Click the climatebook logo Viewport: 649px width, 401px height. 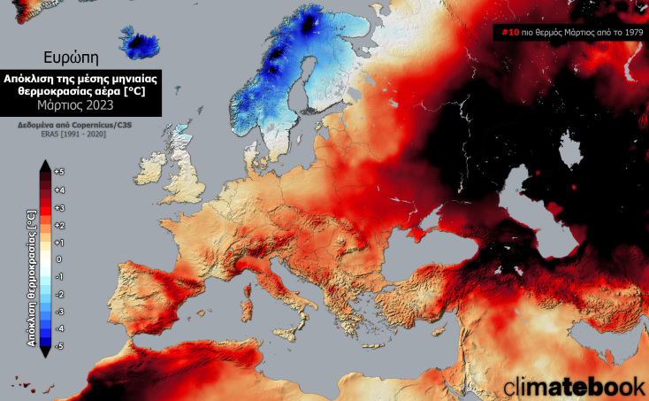pos(574,386)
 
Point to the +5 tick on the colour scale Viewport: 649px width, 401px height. pos(58,172)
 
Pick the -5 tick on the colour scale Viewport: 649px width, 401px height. pos(58,345)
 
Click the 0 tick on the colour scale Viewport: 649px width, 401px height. pos(58,258)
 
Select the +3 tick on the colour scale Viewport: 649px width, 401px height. pos(58,207)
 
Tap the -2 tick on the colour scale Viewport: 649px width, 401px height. pos(58,293)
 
